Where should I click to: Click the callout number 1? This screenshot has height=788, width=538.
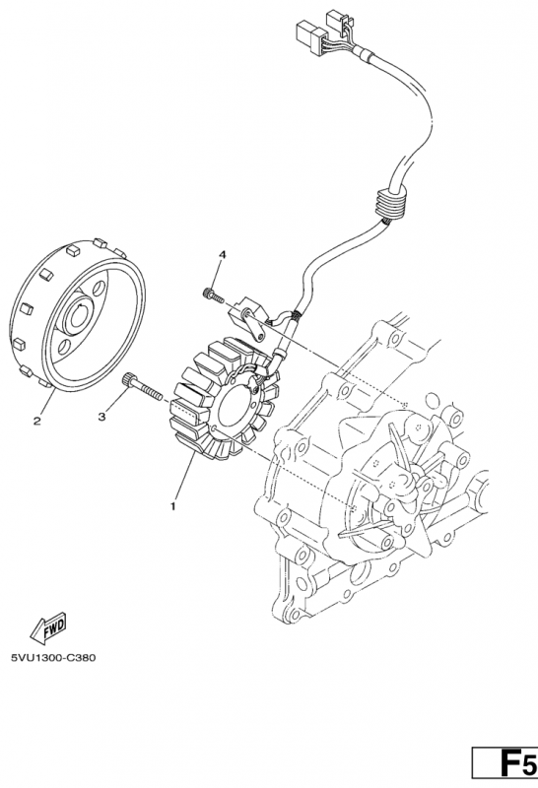coord(173,506)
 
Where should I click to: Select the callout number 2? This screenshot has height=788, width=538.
coord(36,422)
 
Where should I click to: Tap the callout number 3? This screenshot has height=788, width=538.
coord(101,417)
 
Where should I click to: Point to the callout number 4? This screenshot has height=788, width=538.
coord(222,255)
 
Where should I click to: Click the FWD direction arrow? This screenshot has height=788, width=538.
coord(48,627)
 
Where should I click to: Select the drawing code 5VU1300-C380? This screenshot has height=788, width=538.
coord(53,657)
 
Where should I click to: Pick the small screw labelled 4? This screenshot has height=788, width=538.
coord(213,295)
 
